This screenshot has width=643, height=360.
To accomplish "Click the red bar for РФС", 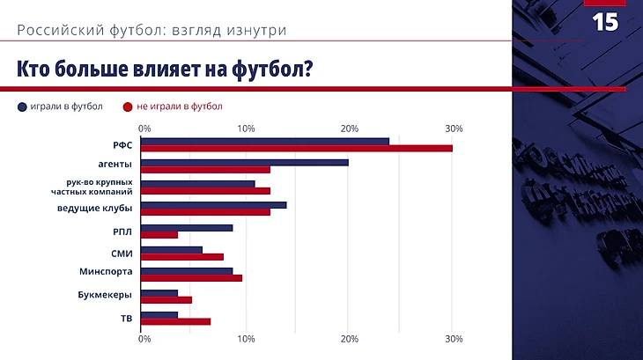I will click(x=297, y=148).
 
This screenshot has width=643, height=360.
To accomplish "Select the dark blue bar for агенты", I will click(x=245, y=162).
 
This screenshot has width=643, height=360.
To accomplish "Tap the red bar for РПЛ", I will click(x=159, y=234).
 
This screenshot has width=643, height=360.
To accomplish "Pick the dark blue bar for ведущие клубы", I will click(x=214, y=205).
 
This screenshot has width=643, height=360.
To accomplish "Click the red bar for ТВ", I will click(x=176, y=321).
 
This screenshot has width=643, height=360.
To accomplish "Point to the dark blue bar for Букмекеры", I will click(x=159, y=292).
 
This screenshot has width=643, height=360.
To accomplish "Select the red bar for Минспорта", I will click(x=191, y=278).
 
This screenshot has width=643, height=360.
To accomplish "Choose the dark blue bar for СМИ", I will click(x=172, y=249).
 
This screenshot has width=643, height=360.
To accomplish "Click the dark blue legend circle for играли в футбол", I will click(x=22, y=107).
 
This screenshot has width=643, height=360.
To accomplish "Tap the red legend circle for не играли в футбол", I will click(x=128, y=107).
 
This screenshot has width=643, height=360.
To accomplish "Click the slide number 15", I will click(x=605, y=23).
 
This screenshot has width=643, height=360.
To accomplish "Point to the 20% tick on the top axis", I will click(x=350, y=129).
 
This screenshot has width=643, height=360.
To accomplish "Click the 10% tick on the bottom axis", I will click(x=247, y=339).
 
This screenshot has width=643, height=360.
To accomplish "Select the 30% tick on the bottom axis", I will click(x=454, y=339).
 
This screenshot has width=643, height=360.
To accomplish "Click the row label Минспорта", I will click(x=104, y=273).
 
